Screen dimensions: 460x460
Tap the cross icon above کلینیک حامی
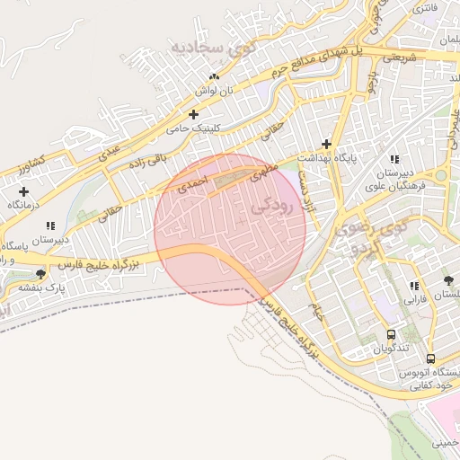click(x=194, y=114)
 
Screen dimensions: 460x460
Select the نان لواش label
click(x=216, y=92)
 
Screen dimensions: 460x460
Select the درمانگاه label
click(x=26, y=206)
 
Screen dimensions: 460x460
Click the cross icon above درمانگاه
click(x=23, y=191)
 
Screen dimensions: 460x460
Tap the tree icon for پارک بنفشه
click(x=40, y=274)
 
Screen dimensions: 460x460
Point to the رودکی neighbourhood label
click(x=274, y=206)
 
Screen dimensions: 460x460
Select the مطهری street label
click(x=252, y=172)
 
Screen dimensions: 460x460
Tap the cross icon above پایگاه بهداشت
click(x=326, y=144)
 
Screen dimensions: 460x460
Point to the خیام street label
click(x=316, y=312)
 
